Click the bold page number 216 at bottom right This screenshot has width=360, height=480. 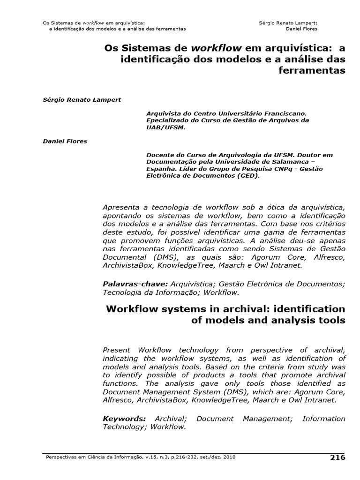[337, 457]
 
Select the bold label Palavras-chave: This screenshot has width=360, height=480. [135, 284]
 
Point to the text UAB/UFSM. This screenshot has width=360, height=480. [164, 127]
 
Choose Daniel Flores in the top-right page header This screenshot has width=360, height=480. [301, 29]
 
